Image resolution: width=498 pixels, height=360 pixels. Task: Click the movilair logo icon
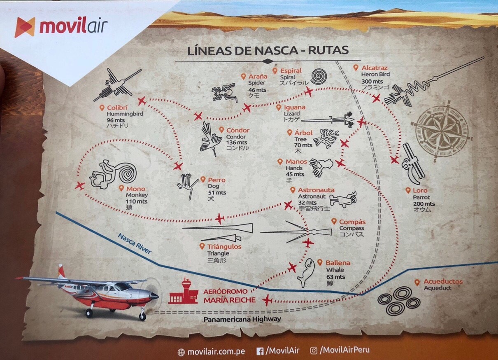coord(25,27)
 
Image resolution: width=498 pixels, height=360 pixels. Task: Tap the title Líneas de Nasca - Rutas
coord(268,50)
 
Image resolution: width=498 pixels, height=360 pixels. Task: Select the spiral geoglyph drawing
coord(320,77)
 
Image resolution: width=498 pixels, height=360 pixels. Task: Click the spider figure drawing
coord(225,93)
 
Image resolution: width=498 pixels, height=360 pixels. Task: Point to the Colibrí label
coord(116,108)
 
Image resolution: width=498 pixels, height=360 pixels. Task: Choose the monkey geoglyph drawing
coord(113,175)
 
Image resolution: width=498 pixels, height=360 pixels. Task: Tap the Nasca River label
coord(135,244)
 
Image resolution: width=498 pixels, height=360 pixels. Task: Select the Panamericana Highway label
coord(242,319)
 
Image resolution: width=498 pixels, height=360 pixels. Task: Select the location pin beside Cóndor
coord(221,130)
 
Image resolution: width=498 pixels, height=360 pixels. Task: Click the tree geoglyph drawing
coord(326,138)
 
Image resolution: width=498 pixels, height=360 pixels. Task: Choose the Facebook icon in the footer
coord(260,351)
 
